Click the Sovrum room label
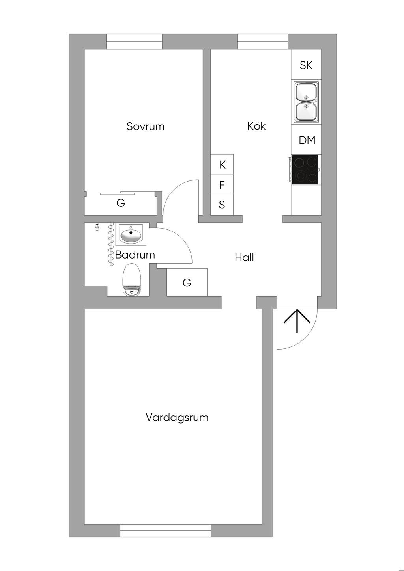[145, 126]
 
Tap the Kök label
[256, 126]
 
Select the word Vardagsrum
[177, 417]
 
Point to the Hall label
[244, 258]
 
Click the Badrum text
[135, 255]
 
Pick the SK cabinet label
[306, 65]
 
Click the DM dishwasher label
[307, 140]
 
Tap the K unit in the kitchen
[222, 165]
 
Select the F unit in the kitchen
[222, 184]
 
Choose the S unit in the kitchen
[222, 205]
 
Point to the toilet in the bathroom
[132, 280]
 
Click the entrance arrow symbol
[297, 321]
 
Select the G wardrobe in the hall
[187, 283]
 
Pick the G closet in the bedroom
[121, 203]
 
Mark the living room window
[166, 530]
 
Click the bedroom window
[134, 41]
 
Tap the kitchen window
[262, 41]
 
